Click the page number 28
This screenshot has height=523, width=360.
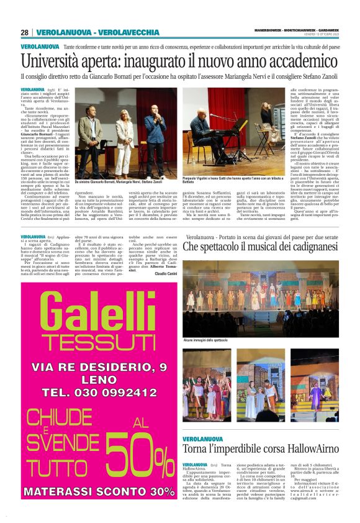pos(24,32)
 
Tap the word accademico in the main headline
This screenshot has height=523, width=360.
pos(285,63)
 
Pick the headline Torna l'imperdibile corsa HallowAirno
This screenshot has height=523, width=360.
pos(260,449)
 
